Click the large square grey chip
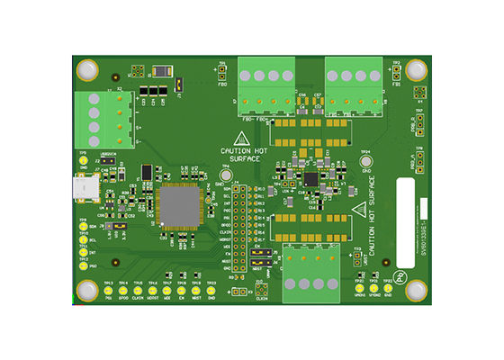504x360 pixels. (x=179, y=206)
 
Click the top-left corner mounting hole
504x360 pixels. (x=87, y=69)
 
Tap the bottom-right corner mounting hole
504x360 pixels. (x=417, y=289)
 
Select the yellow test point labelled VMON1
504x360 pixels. (x=358, y=279)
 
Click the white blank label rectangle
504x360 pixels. (x=406, y=211)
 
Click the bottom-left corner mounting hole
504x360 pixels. (x=87, y=289)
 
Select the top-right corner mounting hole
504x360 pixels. (x=417, y=69)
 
